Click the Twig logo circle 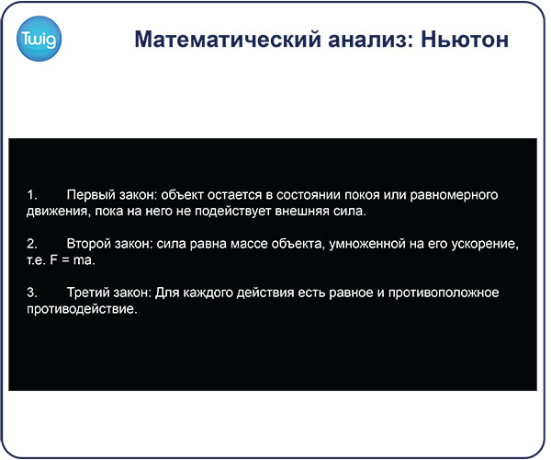[39, 39]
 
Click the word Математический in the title [228, 39]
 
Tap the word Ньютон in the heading [465, 39]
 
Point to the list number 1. [32, 195]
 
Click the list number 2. [32, 244]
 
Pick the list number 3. [32, 293]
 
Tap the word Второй [89, 244]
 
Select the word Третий [88, 293]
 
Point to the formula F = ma [72, 260]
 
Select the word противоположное [444, 293]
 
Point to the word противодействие [81, 309]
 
